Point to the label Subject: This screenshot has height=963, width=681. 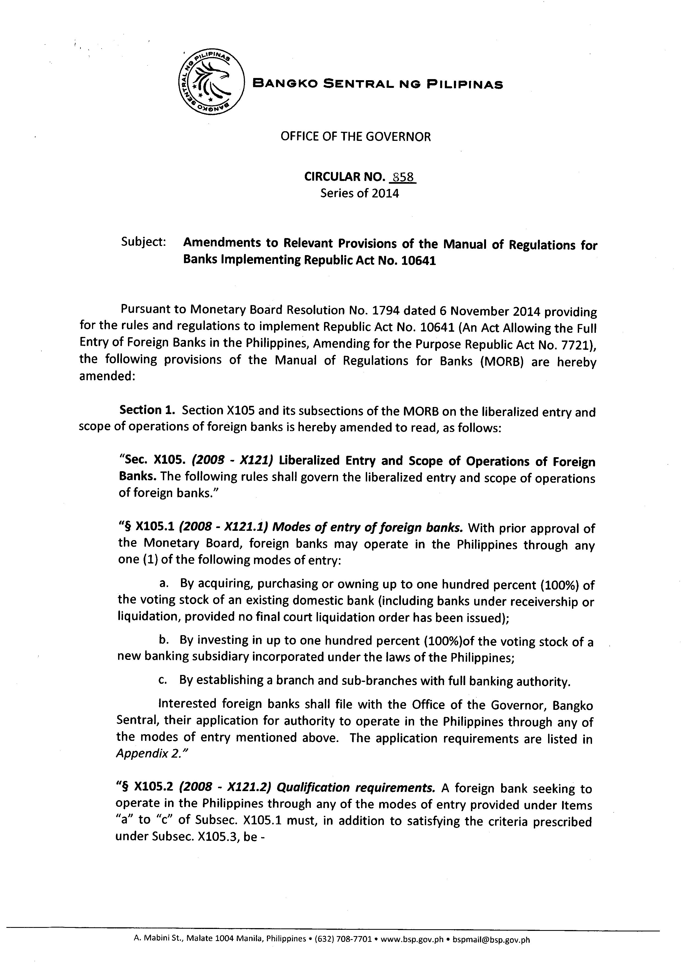tap(143, 242)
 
